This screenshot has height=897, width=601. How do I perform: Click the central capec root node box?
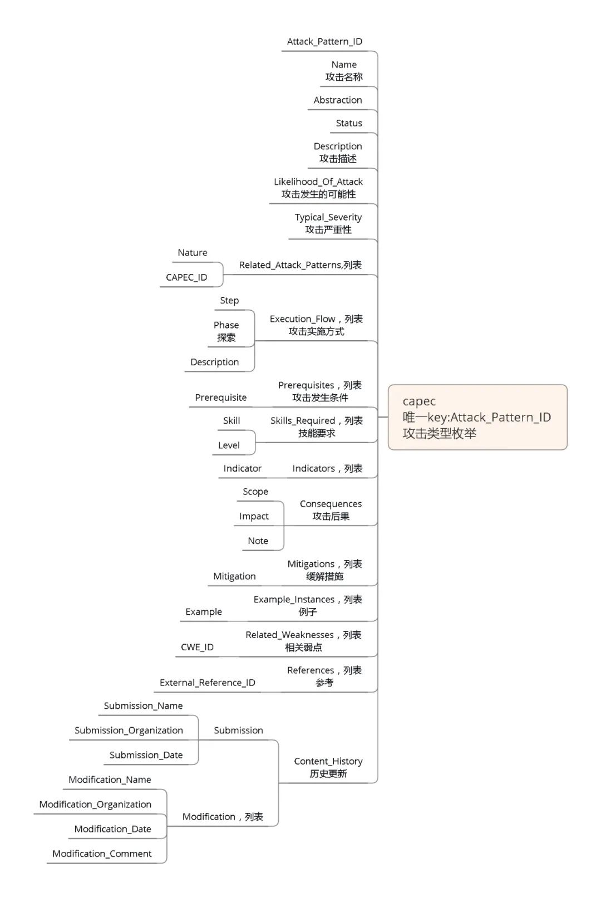click(x=477, y=417)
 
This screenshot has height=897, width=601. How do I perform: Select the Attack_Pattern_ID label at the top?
click(x=324, y=42)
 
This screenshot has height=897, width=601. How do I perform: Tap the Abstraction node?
click(x=338, y=100)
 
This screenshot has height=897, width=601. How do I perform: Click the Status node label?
click(x=349, y=124)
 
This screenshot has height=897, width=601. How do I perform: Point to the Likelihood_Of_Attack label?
click(x=318, y=182)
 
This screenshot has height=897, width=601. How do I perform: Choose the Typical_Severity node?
click(x=328, y=218)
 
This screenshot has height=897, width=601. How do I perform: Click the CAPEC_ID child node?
click(x=186, y=277)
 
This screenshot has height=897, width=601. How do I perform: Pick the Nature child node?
click(x=193, y=253)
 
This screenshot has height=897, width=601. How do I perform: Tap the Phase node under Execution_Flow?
click(x=226, y=325)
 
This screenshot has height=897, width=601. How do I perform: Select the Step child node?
click(x=229, y=301)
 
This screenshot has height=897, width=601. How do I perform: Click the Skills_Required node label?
click(x=317, y=421)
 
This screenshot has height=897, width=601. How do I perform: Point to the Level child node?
click(x=229, y=445)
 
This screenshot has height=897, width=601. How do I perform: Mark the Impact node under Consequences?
click(x=254, y=517)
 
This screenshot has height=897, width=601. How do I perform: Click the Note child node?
click(x=258, y=541)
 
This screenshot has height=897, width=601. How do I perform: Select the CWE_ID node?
click(x=197, y=648)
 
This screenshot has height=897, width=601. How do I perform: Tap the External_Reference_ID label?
click(x=207, y=683)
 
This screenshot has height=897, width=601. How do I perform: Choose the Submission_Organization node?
click(x=129, y=731)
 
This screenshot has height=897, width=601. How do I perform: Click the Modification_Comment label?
click(x=102, y=854)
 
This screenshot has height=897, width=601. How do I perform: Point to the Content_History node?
click(x=328, y=762)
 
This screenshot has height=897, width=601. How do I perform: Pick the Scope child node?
click(x=255, y=492)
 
